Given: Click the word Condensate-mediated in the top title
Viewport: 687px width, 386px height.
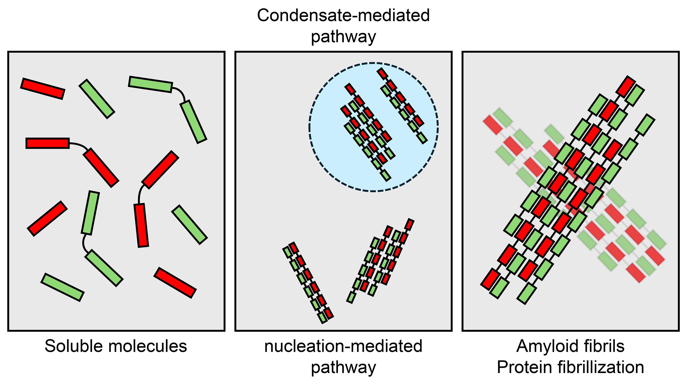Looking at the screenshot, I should pyautogui.click(x=343, y=16).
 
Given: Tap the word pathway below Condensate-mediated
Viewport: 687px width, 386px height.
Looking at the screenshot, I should pyautogui.click(x=343, y=37).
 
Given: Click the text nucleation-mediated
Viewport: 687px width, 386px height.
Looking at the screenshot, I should pyautogui.click(x=343, y=346).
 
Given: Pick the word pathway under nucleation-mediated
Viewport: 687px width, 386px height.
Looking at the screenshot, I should pyautogui.click(x=343, y=368).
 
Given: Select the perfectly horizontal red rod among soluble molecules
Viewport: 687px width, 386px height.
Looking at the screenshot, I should pyautogui.click(x=48, y=143).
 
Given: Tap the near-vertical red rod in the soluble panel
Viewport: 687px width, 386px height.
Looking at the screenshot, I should pyautogui.click(x=141, y=225).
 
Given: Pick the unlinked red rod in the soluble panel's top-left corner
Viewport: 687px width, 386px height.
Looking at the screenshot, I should pyautogui.click(x=43, y=89).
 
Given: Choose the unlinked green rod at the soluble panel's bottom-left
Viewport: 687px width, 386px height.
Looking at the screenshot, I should pyautogui.click(x=63, y=287).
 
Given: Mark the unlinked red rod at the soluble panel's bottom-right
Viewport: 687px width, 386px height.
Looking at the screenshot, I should pyautogui.click(x=175, y=283).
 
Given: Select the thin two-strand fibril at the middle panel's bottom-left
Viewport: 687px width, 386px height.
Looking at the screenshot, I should pyautogui.click(x=308, y=283).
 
